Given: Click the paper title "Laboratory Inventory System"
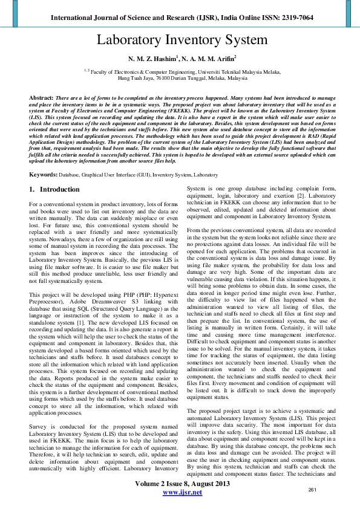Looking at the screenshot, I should point(180,41).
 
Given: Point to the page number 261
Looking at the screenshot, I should point(313,489).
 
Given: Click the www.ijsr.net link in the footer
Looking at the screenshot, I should point(180,493).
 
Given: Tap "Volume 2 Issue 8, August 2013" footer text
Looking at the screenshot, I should point(180,484).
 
